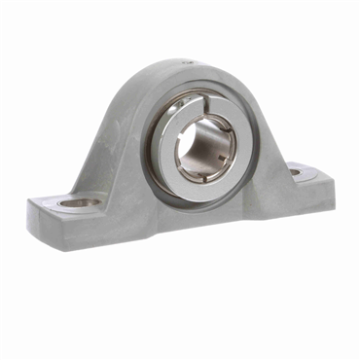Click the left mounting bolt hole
tap(78, 203)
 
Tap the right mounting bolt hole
tap(296, 172)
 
